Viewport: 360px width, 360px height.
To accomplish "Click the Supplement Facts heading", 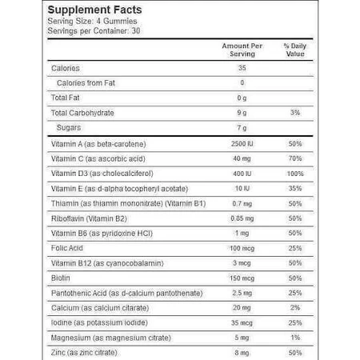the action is [x=94, y=10].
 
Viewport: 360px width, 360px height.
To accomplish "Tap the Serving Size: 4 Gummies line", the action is [x=92, y=21].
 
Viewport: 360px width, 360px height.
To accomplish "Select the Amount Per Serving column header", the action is [x=242, y=50].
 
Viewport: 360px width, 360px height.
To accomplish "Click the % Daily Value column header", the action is [x=295, y=50].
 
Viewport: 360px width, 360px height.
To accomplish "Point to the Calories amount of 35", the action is [x=242, y=68].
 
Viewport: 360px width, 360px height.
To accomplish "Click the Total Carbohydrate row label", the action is [x=82, y=113].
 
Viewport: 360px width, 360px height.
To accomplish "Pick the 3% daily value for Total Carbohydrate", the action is [x=295, y=113].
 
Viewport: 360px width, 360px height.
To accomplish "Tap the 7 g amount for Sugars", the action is [x=242, y=128].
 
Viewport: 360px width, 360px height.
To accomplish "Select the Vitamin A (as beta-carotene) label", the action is [x=98, y=144].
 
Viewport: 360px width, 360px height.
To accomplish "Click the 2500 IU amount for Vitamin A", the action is [x=242, y=144].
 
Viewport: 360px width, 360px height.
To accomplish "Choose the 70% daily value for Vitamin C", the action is [x=295, y=158].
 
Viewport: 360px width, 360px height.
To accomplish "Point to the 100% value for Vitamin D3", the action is [x=295, y=174].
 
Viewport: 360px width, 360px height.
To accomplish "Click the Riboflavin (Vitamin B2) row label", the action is [x=89, y=218].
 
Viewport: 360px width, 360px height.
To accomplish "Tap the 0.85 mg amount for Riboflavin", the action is [x=242, y=218].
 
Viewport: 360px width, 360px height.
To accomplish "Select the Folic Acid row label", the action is [x=67, y=248].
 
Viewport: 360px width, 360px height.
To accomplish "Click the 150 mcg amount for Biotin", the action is [x=242, y=278].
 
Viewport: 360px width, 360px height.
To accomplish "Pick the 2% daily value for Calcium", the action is [x=295, y=308].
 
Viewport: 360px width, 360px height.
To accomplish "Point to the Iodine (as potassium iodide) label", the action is [x=99, y=322].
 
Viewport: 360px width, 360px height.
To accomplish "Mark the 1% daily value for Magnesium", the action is [x=295, y=338].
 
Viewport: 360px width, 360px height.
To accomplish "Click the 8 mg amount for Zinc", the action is [x=242, y=353].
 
